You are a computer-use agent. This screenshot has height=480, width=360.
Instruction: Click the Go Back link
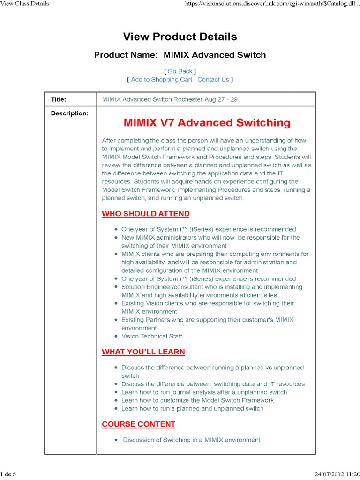(180, 71)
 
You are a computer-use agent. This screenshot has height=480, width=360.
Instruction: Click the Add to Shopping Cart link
(161, 80)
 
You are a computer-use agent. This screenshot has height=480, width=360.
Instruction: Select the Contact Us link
(213, 80)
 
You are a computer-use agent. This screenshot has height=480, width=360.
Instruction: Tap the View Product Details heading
(180, 37)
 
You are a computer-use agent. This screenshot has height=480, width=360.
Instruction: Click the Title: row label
(59, 99)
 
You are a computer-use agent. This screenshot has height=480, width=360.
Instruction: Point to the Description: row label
(69, 113)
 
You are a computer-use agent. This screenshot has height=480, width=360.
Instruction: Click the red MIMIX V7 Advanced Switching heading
(207, 123)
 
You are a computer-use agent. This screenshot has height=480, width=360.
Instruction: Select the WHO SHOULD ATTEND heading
(146, 214)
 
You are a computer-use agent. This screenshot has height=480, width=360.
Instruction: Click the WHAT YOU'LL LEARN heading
(143, 352)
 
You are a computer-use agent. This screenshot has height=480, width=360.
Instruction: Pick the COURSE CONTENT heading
(139, 424)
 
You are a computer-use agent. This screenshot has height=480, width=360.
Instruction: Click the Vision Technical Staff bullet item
(152, 336)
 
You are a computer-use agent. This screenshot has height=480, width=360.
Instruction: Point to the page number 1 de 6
(8, 474)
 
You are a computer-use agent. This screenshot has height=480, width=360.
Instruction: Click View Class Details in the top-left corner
(24, 4)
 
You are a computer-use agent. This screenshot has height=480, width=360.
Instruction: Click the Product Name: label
(126, 55)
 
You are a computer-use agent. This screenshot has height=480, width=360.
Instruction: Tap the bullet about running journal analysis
(204, 392)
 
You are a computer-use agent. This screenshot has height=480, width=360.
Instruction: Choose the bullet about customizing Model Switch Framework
(197, 400)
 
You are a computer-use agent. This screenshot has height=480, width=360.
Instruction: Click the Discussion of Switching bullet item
(191, 440)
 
